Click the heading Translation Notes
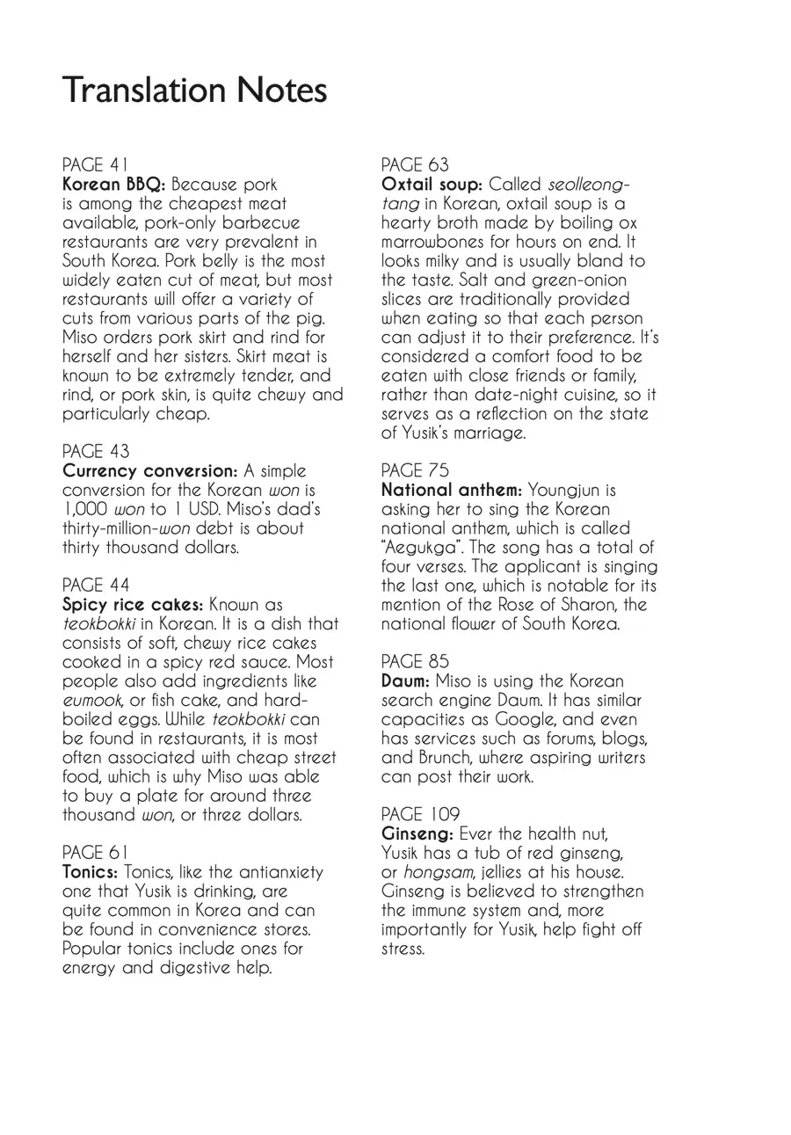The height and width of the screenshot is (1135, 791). click(x=194, y=91)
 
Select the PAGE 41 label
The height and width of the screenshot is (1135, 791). click(x=96, y=165)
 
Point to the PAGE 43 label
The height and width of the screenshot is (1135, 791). click(x=96, y=452)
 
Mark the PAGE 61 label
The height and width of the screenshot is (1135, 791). click(x=96, y=853)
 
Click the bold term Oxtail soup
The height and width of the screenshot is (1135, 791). click(x=432, y=185)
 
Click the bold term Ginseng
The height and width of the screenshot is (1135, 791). click(x=417, y=833)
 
